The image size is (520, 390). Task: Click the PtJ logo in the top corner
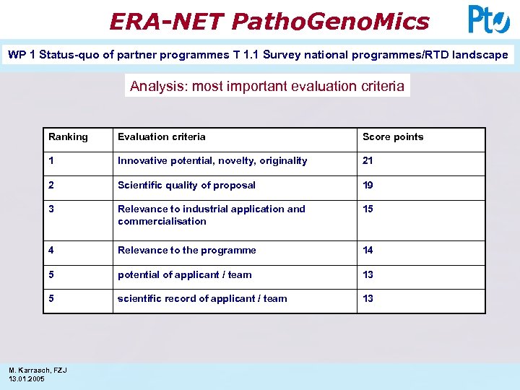tap(488, 19)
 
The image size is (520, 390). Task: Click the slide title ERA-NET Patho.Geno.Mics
tap(269, 21)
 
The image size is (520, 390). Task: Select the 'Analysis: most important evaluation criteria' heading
tap(267, 86)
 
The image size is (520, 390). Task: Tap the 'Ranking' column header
tap(68, 137)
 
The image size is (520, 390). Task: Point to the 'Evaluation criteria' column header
tap(162, 137)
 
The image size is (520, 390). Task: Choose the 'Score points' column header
tap(393, 137)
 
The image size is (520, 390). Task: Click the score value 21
tap(368, 161)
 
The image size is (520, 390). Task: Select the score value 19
tap(368, 186)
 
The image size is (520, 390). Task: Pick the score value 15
tap(368, 209)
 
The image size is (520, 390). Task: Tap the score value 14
tap(368, 251)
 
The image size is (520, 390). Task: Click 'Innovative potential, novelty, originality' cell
tap(212, 161)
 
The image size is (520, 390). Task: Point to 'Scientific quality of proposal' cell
tap(186, 186)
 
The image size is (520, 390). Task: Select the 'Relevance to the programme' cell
tap(186, 251)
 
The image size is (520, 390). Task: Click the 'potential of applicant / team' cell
tap(185, 275)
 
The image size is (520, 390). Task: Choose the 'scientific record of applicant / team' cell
tap(202, 299)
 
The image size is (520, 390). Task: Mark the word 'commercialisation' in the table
tap(162, 222)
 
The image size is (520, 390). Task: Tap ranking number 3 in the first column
tap(51, 209)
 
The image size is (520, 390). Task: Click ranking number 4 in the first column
tap(51, 251)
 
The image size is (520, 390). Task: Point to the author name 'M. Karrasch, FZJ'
tap(38, 370)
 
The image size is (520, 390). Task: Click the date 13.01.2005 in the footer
tap(27, 379)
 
